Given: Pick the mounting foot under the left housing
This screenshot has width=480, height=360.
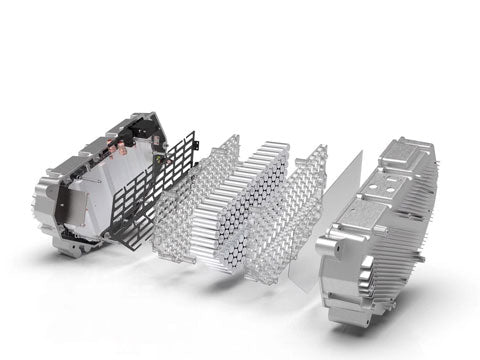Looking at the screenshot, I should pos(70,246).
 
